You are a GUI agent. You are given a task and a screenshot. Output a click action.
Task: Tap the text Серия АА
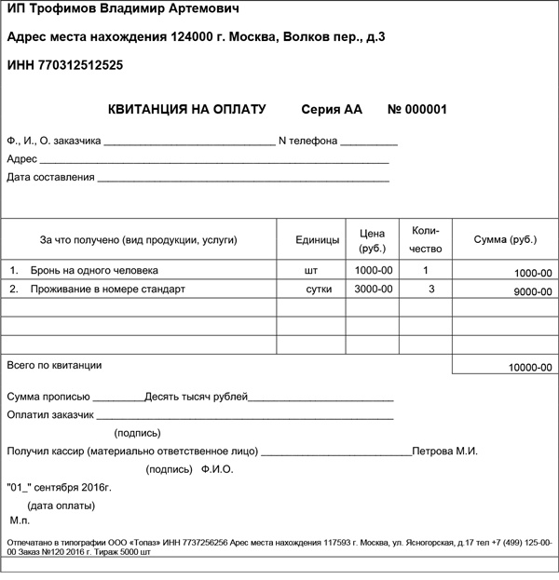coord(332,109)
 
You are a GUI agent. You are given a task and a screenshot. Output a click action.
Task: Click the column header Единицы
coord(317,240)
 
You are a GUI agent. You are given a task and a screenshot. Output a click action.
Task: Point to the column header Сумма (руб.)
coord(505,240)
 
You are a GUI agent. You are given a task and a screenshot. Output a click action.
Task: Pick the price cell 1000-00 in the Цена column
coord(374,271)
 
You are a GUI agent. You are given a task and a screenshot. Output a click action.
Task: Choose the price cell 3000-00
coord(374,290)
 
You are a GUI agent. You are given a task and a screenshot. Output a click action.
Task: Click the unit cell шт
coord(311,271)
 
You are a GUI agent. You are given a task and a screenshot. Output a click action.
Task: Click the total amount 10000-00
coord(529,369)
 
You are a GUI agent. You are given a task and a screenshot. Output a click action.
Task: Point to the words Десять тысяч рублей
coord(197,398)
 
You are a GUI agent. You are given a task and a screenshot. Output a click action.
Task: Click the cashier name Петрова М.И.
coord(445,452)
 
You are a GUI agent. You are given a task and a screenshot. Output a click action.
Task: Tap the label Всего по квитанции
coord(54,365)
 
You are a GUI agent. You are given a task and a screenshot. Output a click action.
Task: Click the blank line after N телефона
coord(369,142)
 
